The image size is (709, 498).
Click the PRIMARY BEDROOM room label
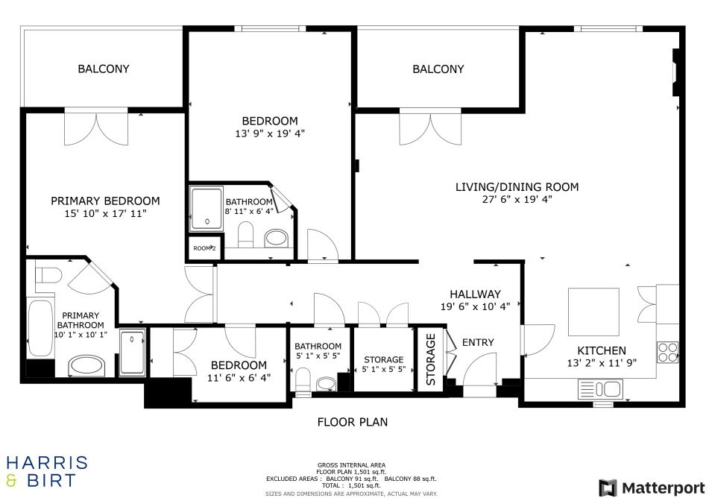tap(105, 201)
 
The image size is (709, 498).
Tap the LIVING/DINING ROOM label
tap(517, 186)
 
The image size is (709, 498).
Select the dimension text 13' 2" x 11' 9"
tap(602, 363)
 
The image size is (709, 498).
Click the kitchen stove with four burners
tap(667, 350)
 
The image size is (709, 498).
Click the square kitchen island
tap(593, 312)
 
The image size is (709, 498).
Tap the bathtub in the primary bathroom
tap(40, 329)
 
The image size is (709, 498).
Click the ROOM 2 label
tap(204, 248)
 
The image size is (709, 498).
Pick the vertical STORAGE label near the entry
tap(431, 359)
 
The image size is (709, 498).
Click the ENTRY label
tap(478, 342)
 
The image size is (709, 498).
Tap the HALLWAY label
tap(475, 294)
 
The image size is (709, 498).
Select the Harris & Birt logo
tap(47, 471)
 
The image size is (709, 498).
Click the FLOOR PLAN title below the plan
tap(353, 422)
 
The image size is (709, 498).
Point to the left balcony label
tap(104, 69)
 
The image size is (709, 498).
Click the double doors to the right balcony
tap(430, 127)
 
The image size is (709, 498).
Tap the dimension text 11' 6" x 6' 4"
tap(239, 377)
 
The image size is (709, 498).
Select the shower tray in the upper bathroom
tap(206, 208)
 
